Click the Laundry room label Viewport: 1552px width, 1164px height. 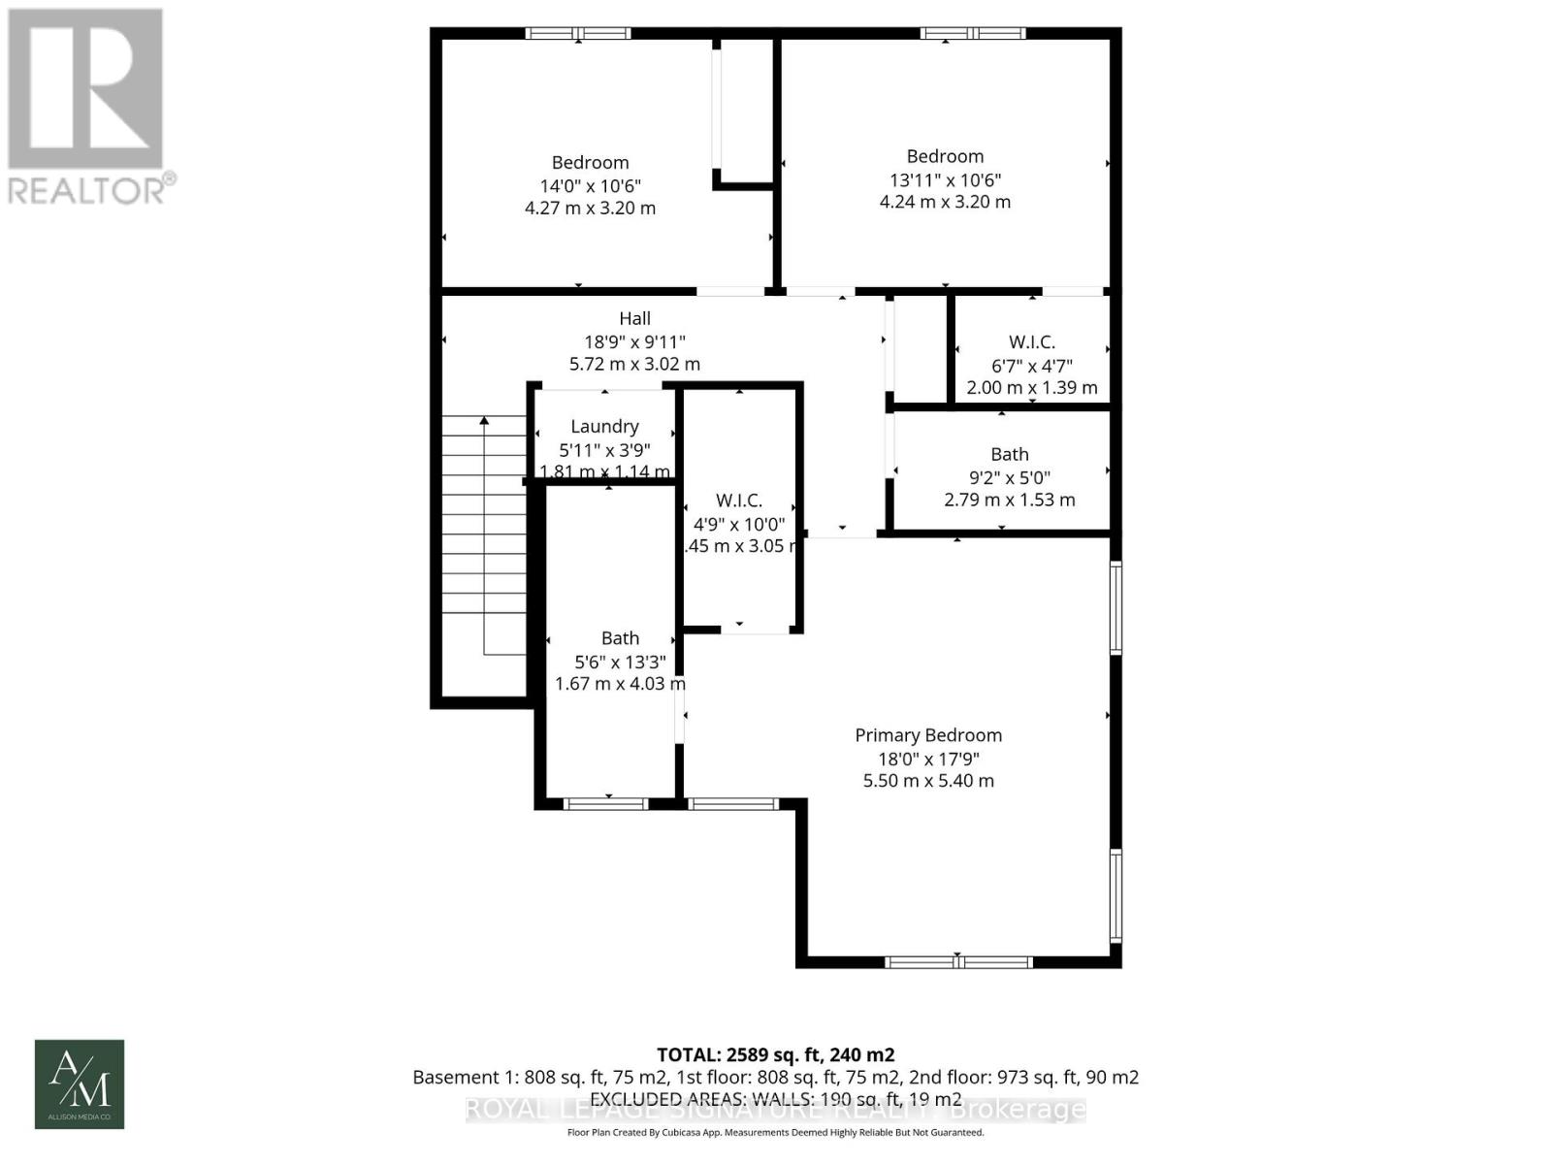(x=604, y=426)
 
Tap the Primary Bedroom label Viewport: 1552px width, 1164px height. (x=928, y=735)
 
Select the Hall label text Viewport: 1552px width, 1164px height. (x=635, y=318)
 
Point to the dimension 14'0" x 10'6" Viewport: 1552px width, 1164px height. (x=590, y=185)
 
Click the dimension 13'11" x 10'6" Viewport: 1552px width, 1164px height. (x=945, y=179)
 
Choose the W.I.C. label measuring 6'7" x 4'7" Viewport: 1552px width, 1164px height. (x=1031, y=342)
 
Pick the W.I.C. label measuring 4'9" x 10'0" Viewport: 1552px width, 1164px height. (x=739, y=501)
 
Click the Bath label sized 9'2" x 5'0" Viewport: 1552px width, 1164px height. (x=1010, y=454)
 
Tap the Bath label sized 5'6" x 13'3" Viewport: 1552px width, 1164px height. (x=620, y=638)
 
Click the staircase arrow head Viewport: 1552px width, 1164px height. (x=484, y=420)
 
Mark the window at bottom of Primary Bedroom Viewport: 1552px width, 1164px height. (x=958, y=962)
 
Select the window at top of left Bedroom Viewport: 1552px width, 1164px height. (x=578, y=34)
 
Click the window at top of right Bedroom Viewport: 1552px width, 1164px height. (x=973, y=34)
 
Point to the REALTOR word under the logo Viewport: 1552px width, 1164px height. (x=87, y=189)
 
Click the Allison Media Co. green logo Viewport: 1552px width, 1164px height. (x=80, y=1083)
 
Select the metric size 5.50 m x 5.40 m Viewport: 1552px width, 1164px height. (x=928, y=781)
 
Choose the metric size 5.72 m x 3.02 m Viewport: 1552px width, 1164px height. (x=634, y=365)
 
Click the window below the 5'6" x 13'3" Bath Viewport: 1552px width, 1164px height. (x=606, y=803)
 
